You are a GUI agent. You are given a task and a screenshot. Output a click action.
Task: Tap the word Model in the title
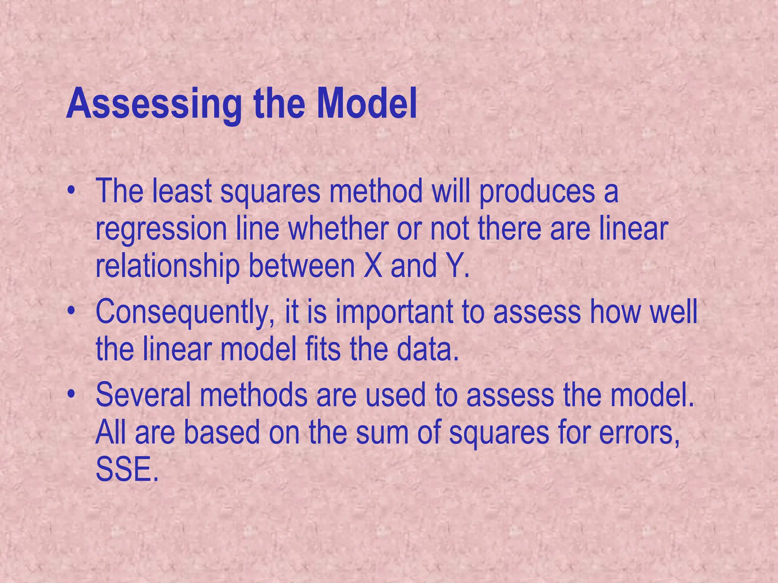(x=367, y=104)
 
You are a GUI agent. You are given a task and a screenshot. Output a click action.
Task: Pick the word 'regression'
(x=161, y=230)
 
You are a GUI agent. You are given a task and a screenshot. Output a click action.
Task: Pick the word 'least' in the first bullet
(x=182, y=191)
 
